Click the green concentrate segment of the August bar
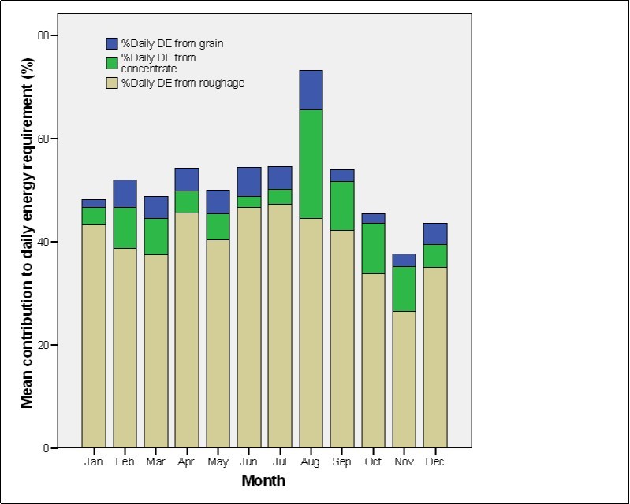[x=311, y=164]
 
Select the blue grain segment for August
[x=311, y=90]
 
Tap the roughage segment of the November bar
[x=404, y=379]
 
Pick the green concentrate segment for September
[x=342, y=206]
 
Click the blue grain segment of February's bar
[x=125, y=193]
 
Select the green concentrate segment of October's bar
[x=373, y=248]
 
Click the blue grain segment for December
[x=435, y=234]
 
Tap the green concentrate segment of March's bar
[x=156, y=236]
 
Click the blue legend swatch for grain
[x=112, y=43]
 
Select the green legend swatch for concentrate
[x=112, y=63]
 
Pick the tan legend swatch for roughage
[x=112, y=83]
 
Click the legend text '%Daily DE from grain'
[x=172, y=43]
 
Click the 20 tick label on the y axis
[x=43, y=345]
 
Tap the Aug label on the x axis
[x=311, y=461]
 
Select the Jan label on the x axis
[x=94, y=461]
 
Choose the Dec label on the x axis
[x=435, y=461]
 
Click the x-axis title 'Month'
[x=263, y=480]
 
